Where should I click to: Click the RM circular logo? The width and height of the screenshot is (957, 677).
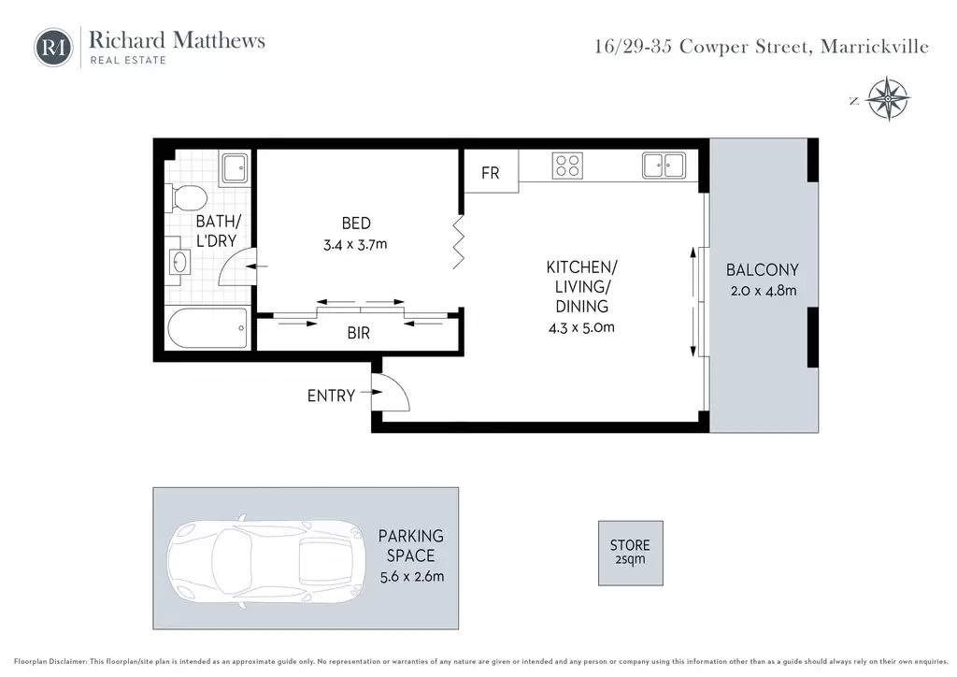[53, 47]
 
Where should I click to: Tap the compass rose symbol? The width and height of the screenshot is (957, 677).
[889, 98]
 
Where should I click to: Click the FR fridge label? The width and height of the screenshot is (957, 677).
[490, 173]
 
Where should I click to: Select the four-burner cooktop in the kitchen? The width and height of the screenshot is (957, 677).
[567, 166]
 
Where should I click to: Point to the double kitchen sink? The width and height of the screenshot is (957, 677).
[664, 166]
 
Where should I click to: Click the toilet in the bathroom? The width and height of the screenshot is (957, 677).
[186, 198]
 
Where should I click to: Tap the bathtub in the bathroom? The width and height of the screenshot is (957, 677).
[207, 328]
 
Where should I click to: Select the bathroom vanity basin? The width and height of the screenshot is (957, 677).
[179, 263]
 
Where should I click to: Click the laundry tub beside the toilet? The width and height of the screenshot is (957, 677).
[235, 167]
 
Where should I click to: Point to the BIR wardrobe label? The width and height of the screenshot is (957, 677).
[358, 333]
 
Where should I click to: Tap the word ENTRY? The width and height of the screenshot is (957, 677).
[331, 396]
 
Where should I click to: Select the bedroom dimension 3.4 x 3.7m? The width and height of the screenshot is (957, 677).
[355, 245]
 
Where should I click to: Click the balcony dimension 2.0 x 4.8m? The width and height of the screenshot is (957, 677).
[764, 291]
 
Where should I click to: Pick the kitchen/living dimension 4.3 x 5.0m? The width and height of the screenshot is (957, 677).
[581, 328]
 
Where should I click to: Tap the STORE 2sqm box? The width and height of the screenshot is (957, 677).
[631, 553]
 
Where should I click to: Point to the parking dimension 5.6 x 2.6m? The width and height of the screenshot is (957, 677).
[412, 576]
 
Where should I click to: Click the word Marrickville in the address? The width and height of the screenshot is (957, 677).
[875, 47]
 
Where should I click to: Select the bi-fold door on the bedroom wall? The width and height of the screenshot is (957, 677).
[458, 242]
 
